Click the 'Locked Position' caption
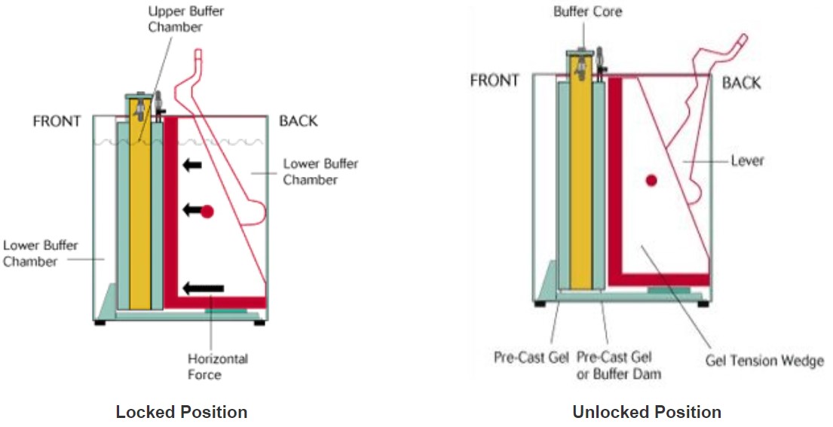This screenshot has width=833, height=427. click(x=181, y=412)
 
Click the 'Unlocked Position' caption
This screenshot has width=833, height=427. click(x=646, y=412)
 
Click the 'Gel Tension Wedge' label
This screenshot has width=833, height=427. click(x=764, y=361)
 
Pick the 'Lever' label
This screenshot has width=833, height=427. click(x=748, y=161)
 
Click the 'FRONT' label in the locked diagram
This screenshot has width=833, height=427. click(x=57, y=121)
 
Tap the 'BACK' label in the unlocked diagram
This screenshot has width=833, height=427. click(x=741, y=82)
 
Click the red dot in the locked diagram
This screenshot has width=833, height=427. click(x=207, y=212)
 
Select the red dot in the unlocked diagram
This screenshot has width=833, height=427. click(x=651, y=180)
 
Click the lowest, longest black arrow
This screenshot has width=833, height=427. click(x=204, y=288)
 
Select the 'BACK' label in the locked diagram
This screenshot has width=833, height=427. click(x=299, y=121)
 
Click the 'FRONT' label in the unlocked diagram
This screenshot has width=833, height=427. click(x=495, y=81)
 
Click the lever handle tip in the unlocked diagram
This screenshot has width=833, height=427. click(x=743, y=38)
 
